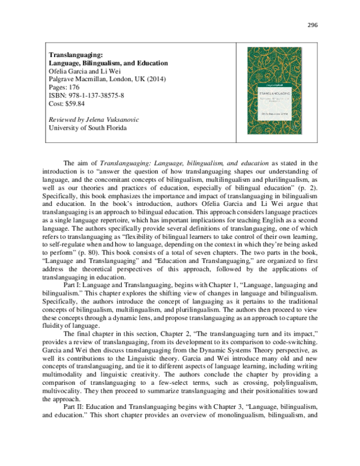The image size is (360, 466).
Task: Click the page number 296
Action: coord(311,25)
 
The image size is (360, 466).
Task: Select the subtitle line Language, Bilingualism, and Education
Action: coord(108,63)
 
